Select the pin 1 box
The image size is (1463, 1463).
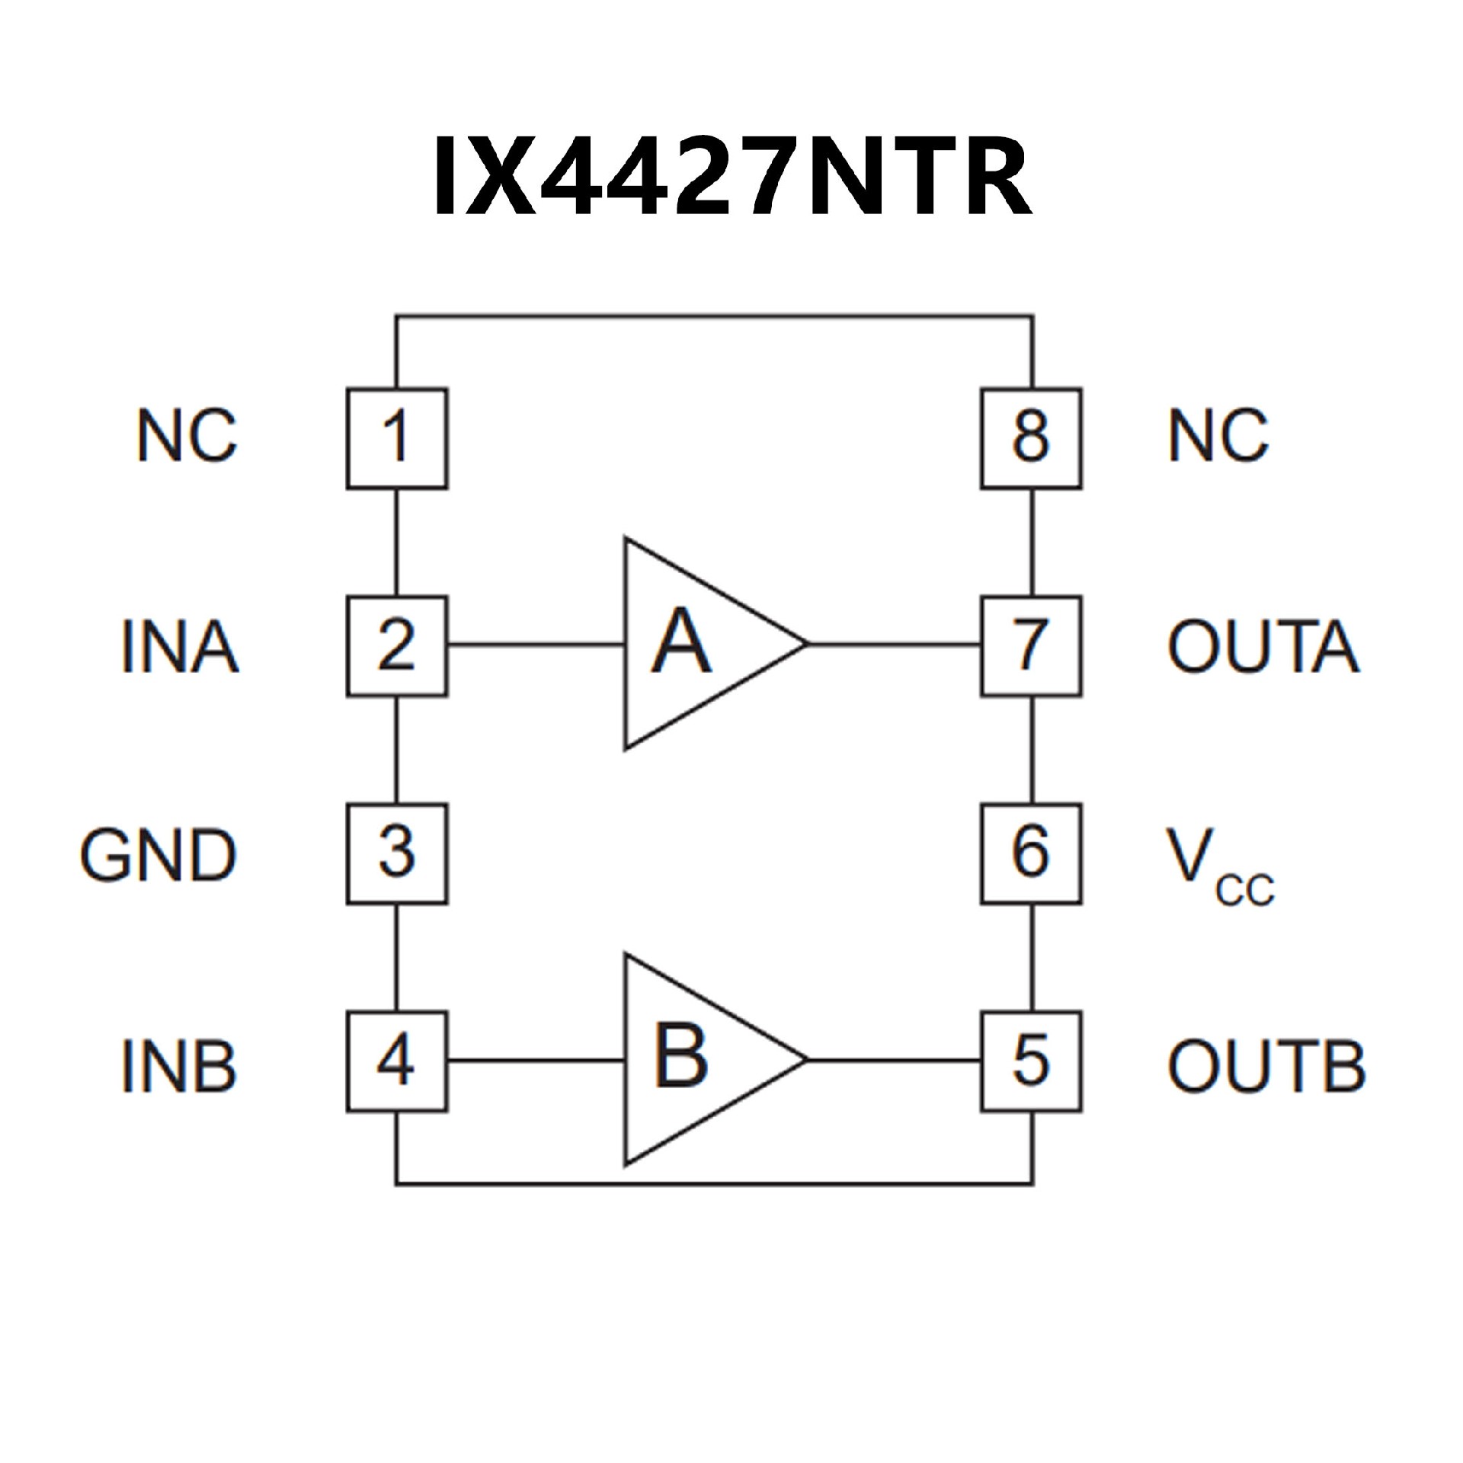point(397,439)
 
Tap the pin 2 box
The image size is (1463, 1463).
point(397,646)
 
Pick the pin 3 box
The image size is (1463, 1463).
point(397,854)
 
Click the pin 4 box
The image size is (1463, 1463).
point(397,1061)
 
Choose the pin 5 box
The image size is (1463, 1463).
point(1031,1061)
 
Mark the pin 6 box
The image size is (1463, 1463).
point(1031,854)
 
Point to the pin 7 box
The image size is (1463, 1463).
point(1031,646)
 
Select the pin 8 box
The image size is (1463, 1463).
point(1031,439)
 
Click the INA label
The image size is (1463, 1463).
point(180,647)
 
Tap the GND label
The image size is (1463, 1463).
point(158,856)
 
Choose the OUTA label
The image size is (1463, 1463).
point(1263,647)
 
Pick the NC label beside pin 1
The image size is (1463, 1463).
point(187,436)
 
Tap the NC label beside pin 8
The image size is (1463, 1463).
point(1218,436)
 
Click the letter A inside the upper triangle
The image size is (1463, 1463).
point(681,642)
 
